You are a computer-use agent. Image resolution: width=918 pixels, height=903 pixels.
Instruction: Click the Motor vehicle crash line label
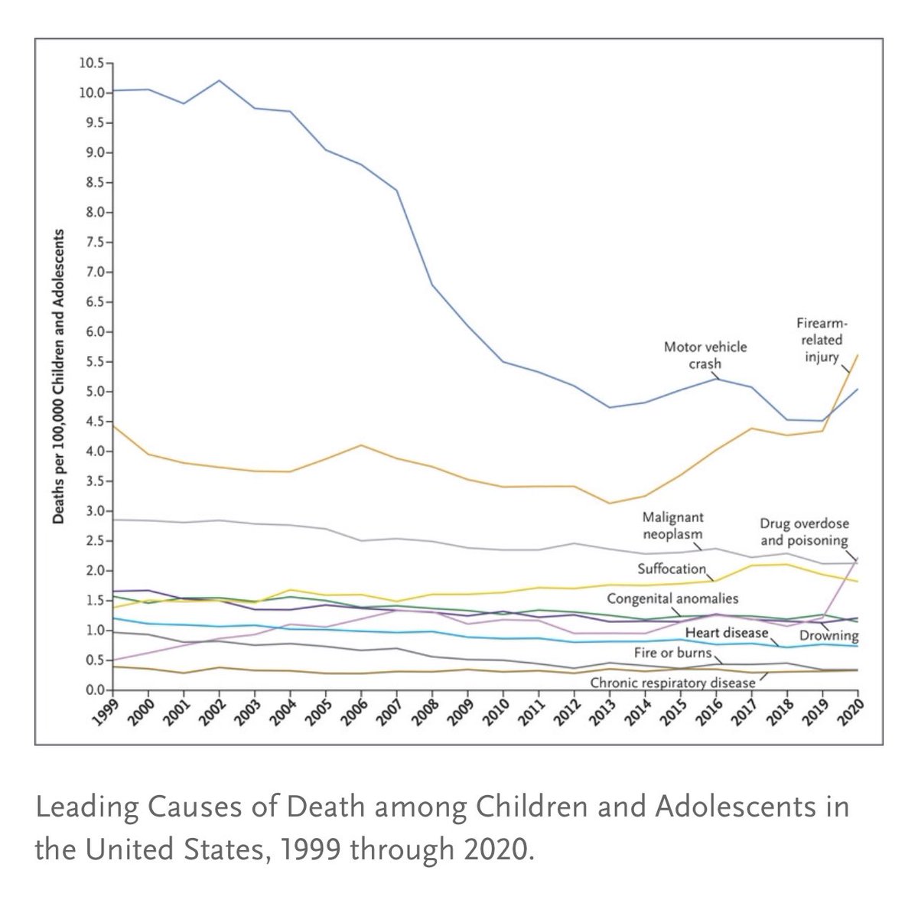(705, 355)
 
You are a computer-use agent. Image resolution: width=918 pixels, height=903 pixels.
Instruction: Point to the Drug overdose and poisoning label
(804, 532)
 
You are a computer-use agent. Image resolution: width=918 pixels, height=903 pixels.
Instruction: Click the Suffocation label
(672, 569)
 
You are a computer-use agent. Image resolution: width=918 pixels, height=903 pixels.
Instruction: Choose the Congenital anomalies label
(673, 598)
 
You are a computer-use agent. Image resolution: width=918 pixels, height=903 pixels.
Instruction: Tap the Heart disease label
(726, 633)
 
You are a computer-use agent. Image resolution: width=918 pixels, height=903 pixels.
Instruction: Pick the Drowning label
(828, 636)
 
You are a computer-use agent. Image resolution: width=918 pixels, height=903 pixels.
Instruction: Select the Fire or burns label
(673, 653)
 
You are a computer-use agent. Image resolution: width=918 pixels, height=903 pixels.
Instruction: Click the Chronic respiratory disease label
(672, 682)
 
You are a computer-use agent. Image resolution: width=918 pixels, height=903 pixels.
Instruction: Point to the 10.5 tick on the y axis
(94, 64)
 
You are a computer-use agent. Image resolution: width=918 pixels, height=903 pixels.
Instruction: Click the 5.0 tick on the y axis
(97, 392)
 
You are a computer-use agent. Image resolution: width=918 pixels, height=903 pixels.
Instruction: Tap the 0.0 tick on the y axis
(97, 690)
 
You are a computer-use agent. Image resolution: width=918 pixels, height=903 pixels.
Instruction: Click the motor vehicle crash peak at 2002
(220, 80)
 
